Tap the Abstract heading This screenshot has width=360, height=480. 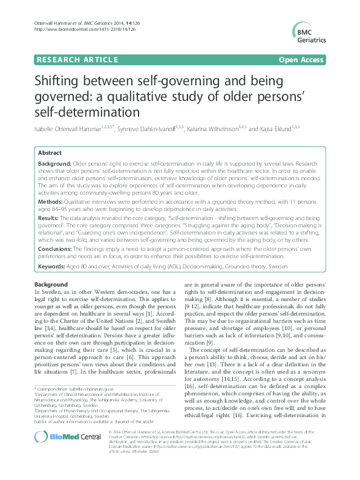tap(50, 154)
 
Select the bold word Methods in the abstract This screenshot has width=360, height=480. tap(51, 201)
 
